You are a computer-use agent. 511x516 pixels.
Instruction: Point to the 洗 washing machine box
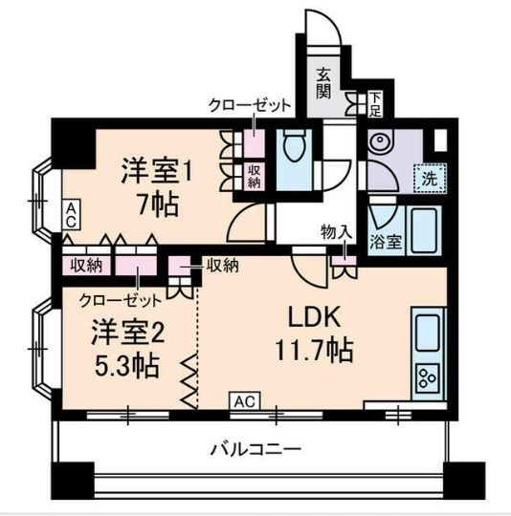(428, 178)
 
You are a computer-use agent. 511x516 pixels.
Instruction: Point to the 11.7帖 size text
(316, 350)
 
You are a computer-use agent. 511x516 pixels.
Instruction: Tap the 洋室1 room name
(157, 173)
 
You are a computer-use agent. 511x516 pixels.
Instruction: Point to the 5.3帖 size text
(125, 365)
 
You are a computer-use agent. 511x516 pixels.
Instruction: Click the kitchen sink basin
(427, 330)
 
